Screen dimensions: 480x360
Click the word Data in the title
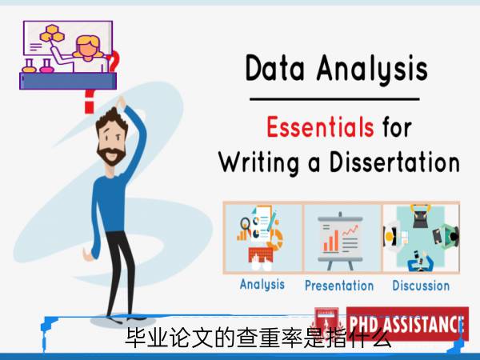(275, 68)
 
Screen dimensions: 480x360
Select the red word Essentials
(320, 126)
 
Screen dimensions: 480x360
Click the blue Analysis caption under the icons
(262, 284)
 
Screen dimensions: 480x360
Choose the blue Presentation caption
(339, 286)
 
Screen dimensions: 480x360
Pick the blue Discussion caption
(421, 286)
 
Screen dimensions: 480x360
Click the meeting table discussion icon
(422, 238)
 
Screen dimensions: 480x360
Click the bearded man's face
(111, 139)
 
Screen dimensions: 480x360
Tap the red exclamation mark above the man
(90, 102)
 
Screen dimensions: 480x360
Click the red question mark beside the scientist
(113, 62)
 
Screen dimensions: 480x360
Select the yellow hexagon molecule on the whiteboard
(52, 34)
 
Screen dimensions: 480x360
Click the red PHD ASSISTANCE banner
(407, 323)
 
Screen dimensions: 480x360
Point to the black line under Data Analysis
(334, 99)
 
